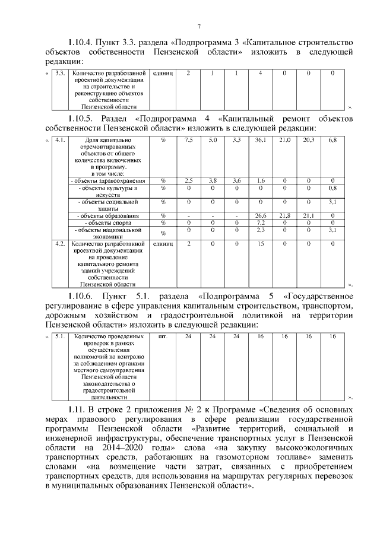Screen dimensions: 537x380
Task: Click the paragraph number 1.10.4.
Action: point(83,43)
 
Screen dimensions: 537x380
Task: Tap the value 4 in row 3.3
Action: point(260,73)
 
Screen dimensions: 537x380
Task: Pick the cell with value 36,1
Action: point(260,140)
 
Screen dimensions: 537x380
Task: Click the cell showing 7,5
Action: point(188,140)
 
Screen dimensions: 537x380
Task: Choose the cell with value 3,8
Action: point(213,180)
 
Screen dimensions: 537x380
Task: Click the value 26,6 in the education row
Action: point(260,215)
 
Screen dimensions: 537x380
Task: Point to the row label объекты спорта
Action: point(107,222)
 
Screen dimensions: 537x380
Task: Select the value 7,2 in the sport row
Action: point(260,222)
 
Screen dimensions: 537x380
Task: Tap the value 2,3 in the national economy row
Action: point(260,229)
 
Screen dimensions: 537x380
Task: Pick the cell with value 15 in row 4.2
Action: point(260,243)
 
